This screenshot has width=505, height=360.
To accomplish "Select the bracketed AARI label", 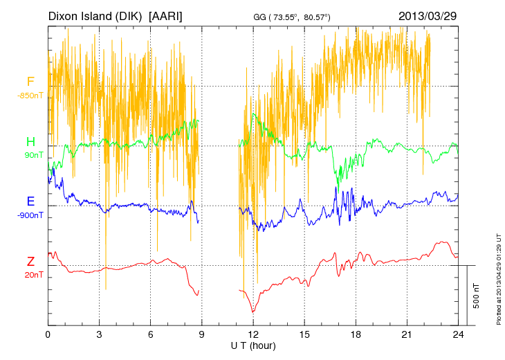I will coord(166,15).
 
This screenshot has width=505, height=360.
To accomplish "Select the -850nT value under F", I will coord(30,96).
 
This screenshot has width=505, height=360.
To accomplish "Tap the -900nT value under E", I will coord(30,215).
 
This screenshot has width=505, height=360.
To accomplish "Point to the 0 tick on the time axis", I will coord(48,334).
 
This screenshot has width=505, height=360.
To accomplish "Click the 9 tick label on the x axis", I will coord(202,334).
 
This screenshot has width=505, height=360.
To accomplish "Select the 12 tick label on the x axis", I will coord(253,334).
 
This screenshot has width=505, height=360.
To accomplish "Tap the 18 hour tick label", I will coord(356,334).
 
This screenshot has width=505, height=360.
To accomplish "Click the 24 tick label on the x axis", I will coord(459,334).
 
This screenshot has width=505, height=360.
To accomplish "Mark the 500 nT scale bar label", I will coord(477,295).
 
